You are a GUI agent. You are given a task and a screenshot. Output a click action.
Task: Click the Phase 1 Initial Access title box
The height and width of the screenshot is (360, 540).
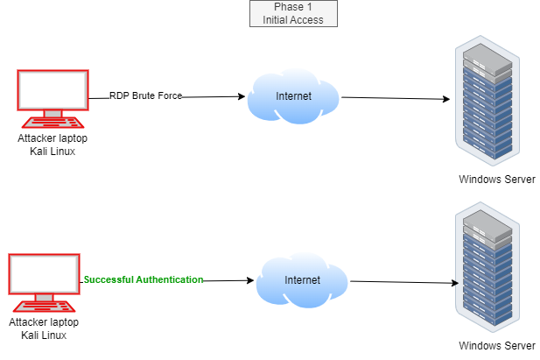[x=293, y=13]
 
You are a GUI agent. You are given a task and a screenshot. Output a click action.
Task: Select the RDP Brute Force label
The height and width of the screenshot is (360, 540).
[x=145, y=95]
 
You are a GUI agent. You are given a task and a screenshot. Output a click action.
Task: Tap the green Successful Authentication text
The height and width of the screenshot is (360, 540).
[x=144, y=279]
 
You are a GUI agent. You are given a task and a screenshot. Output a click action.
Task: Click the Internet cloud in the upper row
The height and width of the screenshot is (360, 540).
[x=293, y=96]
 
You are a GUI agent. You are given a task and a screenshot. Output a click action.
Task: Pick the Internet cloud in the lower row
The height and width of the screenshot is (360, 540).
[x=302, y=280]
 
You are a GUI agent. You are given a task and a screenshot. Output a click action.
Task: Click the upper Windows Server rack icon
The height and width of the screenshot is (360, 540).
[x=487, y=101]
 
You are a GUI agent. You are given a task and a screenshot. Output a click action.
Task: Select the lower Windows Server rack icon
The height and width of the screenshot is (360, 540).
[x=487, y=267]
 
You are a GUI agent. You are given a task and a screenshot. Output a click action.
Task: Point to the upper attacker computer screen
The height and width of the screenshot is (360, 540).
[x=53, y=90]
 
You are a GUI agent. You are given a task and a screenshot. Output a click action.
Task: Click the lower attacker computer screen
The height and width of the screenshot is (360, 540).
[x=45, y=274]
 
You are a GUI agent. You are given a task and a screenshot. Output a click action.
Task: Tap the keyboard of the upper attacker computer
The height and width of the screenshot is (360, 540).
[x=53, y=123]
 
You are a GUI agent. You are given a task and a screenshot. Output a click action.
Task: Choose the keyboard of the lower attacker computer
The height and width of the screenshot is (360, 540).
[x=45, y=307]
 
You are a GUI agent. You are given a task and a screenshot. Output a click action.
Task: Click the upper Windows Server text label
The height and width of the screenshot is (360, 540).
[x=497, y=180]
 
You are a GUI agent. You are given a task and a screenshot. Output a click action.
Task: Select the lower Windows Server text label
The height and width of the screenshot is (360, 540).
[x=497, y=345]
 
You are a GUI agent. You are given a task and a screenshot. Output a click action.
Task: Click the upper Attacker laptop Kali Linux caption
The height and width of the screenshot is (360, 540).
[x=53, y=145]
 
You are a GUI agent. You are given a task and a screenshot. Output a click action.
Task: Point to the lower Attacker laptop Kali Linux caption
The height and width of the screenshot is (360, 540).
[x=44, y=328]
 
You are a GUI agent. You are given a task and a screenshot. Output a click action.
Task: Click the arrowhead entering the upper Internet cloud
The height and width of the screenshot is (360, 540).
[x=242, y=96]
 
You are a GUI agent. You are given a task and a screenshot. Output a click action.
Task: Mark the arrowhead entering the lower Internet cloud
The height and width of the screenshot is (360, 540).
[x=250, y=280]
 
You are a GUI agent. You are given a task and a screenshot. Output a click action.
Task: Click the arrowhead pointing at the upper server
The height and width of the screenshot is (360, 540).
[x=446, y=99]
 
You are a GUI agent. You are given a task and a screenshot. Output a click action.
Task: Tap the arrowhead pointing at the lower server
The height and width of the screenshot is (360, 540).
[x=455, y=283]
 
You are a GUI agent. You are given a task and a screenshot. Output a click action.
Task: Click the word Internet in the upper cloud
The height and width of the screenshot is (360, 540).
[x=293, y=95]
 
